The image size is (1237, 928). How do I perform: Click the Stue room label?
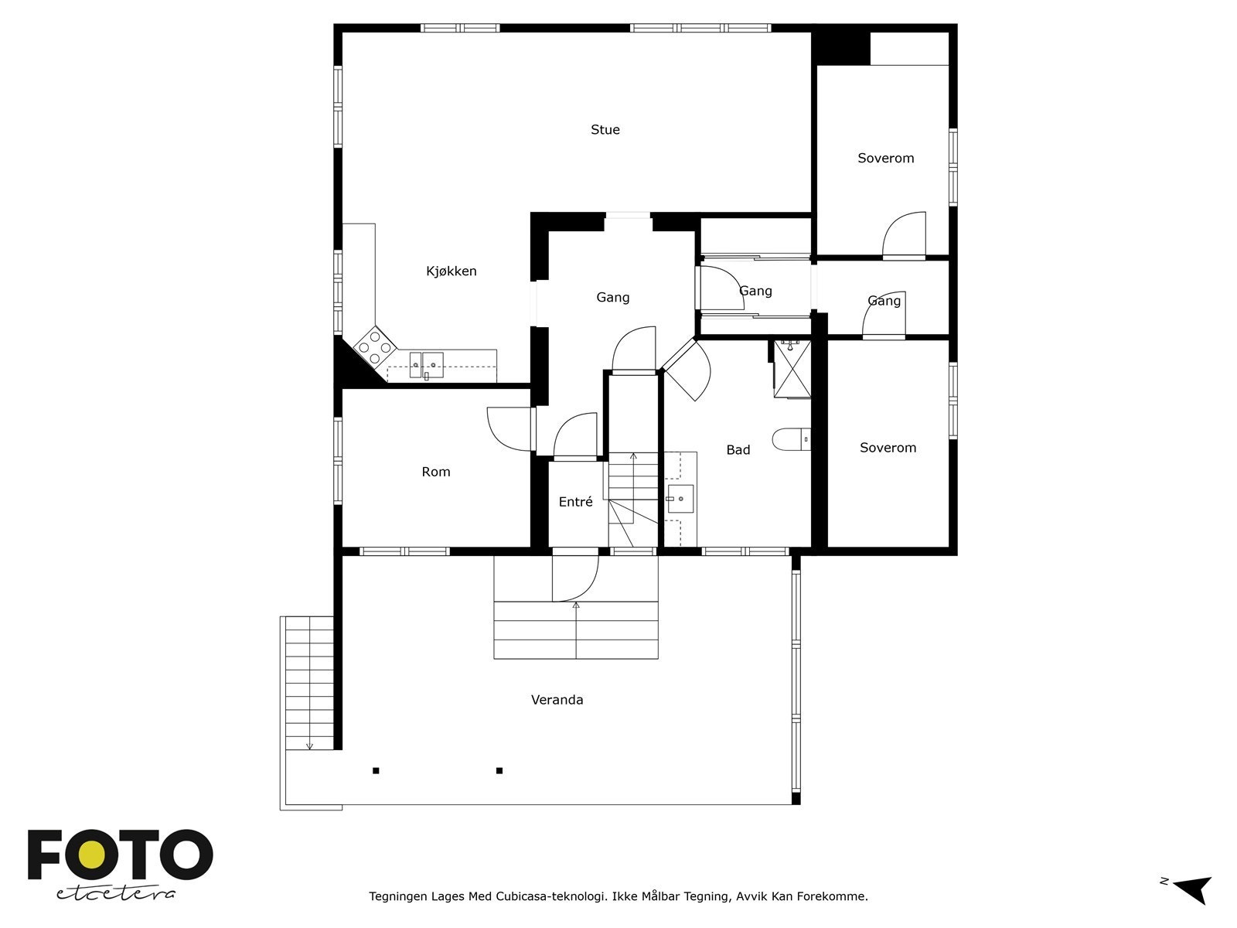tap(605, 130)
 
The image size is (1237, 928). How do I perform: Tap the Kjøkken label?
tap(452, 271)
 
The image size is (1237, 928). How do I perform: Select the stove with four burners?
tap(375, 347)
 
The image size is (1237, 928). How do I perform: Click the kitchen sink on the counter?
tap(426, 364)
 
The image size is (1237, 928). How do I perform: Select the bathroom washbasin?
tap(680, 499)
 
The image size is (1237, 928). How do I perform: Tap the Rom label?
tap(436, 472)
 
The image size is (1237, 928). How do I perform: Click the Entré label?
tap(575, 502)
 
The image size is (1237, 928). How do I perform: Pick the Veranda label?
tap(557, 700)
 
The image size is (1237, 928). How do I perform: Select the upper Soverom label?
tap(885, 159)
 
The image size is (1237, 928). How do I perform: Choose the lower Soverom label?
tap(888, 448)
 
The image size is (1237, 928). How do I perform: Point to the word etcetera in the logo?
tap(116, 892)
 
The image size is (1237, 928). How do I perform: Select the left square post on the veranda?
tap(376, 770)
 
